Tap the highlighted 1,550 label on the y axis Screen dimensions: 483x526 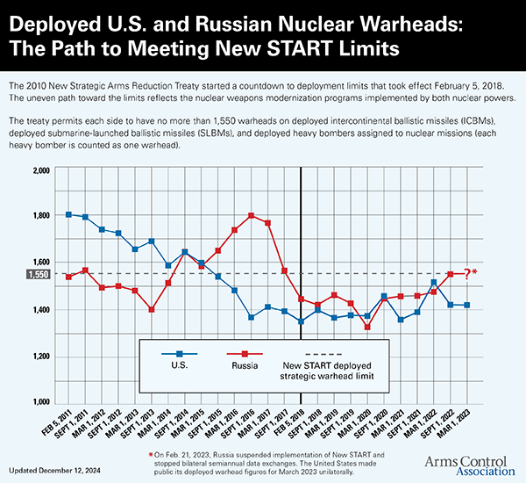(39, 275)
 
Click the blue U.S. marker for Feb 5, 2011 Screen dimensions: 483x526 (68, 214)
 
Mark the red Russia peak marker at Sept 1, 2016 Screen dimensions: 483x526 (252, 215)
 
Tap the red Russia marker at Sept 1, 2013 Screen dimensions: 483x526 (152, 309)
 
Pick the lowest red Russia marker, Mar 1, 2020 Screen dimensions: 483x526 (368, 327)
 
